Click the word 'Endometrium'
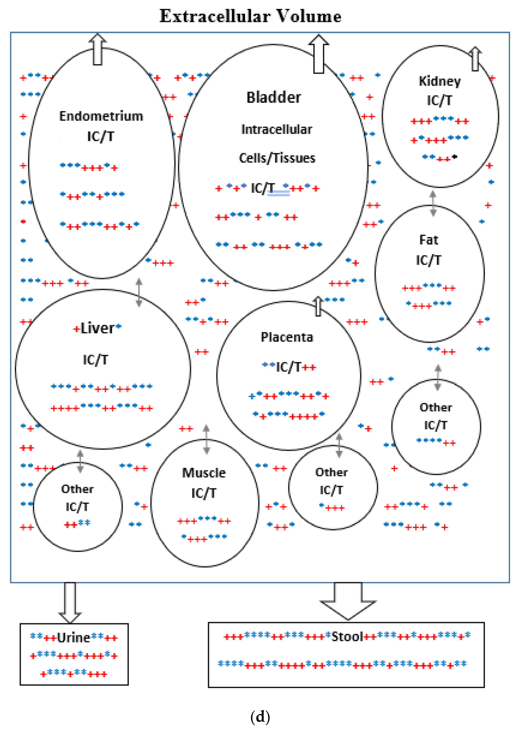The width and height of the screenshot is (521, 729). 101,116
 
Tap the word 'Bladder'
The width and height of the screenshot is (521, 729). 274,97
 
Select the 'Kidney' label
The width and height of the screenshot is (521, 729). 440,81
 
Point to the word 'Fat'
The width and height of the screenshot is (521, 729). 429,240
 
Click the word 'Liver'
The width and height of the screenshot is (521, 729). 97,328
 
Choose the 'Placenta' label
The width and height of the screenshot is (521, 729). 287,337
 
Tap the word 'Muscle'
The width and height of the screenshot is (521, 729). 204,473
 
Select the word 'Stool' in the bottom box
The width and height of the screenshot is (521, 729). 347,636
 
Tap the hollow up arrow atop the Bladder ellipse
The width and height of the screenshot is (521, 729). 319,54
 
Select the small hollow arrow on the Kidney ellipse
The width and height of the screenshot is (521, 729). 475,59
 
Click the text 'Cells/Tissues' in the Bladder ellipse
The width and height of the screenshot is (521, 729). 277,158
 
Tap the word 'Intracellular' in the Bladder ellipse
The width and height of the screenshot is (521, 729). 277,129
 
